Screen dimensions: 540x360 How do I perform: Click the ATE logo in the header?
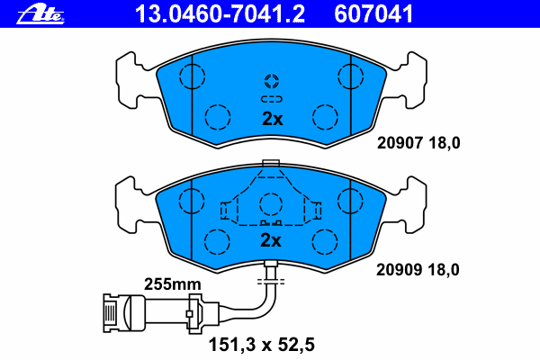(x=40, y=14)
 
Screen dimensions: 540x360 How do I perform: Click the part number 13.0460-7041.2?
(x=220, y=14)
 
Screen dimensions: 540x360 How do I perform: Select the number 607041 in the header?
(x=373, y=14)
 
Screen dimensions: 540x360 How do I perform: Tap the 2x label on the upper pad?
(x=273, y=119)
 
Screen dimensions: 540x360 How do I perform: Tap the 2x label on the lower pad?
(x=271, y=240)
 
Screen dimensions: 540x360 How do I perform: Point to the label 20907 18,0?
(x=418, y=143)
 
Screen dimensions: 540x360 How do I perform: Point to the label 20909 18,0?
(x=418, y=270)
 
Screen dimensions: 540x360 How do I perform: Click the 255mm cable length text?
(x=172, y=284)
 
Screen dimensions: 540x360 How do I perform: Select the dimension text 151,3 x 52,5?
(x=262, y=345)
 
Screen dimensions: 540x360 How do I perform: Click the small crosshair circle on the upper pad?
(x=272, y=81)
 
